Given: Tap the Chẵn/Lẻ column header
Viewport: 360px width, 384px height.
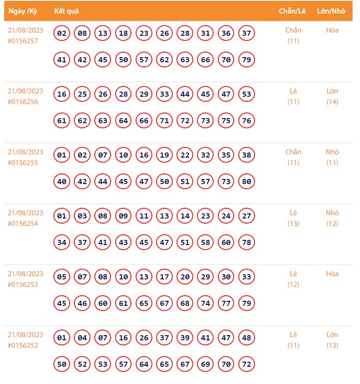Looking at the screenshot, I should click(x=292, y=11).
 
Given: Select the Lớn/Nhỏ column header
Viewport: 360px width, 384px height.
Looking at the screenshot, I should click(x=331, y=11).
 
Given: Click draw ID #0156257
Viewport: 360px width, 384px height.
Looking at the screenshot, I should click(x=23, y=41).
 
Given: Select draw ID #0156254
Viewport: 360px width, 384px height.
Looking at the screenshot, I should click(x=23, y=224).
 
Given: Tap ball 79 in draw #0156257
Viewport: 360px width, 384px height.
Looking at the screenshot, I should click(x=246, y=60).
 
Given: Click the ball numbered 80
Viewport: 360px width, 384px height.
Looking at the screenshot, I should click(x=246, y=182).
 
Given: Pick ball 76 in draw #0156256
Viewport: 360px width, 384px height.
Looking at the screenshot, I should click(x=246, y=121).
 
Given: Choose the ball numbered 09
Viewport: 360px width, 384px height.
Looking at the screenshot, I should click(x=123, y=216).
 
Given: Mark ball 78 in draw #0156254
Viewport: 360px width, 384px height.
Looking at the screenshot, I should click(x=246, y=243).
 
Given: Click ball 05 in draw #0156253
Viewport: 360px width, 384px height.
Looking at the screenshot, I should click(x=62, y=277).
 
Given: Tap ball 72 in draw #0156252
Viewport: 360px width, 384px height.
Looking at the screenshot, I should click(x=246, y=364).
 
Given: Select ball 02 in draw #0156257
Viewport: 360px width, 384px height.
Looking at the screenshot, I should click(x=62, y=33).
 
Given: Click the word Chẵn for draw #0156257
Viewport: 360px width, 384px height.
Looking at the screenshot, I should click(x=293, y=30).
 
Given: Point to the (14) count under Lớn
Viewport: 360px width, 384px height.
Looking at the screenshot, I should click(x=332, y=102).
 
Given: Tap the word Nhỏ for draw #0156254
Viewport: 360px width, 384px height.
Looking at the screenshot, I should click(x=332, y=213).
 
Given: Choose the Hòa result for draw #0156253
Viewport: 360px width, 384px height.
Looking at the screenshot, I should click(x=332, y=274).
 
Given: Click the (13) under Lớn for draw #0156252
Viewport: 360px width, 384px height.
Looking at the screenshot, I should click(x=332, y=345).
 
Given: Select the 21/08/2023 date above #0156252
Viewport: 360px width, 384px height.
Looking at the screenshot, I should click(x=26, y=335).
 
